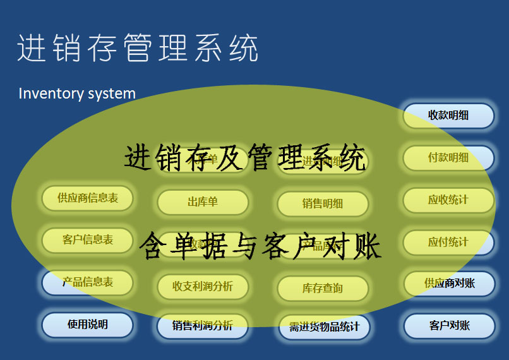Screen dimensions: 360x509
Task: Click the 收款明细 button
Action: point(448,116)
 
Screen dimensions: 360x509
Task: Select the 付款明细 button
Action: point(448,158)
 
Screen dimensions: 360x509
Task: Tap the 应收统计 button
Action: point(448,200)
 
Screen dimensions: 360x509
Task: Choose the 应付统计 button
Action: point(448,242)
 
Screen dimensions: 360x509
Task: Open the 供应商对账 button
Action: point(449,284)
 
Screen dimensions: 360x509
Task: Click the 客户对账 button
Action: point(449,326)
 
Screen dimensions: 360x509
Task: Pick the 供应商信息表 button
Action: point(88,198)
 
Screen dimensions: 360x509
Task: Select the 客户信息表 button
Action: point(88,240)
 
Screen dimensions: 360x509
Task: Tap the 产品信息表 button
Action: point(88,282)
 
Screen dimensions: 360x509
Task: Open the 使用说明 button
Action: point(88,325)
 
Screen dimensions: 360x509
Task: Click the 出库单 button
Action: point(203,202)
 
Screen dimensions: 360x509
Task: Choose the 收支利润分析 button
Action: point(203,286)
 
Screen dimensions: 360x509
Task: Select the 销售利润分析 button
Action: point(203,326)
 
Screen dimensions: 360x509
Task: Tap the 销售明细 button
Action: point(323,203)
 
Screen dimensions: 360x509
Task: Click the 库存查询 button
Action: point(323,289)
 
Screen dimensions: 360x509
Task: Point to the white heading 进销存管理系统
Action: point(138,48)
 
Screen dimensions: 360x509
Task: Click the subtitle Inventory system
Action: point(77,94)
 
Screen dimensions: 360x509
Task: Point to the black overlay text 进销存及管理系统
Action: point(245,158)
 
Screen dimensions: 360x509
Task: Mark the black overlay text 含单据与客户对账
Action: point(260,245)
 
